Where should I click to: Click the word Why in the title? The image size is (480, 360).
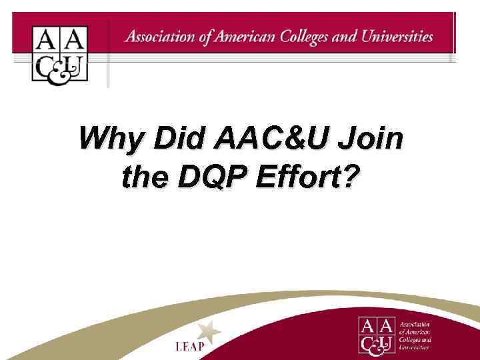tap(110, 140)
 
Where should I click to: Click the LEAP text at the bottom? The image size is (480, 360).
tap(190, 347)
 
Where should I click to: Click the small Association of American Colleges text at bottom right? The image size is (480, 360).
tap(415, 335)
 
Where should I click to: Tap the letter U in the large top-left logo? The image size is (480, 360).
tap(75, 67)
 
